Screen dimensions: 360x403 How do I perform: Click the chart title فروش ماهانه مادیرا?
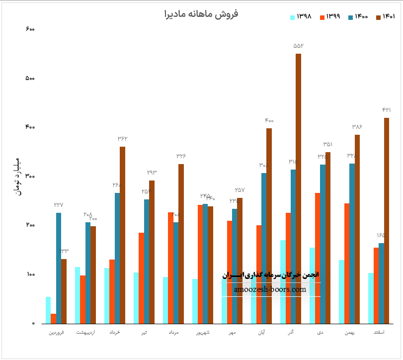201,14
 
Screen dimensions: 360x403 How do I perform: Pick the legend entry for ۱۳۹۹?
329,17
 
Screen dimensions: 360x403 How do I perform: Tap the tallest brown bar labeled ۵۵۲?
298,189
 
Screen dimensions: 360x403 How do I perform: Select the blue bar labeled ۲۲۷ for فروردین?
59,268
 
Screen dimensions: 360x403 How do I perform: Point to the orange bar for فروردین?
53,318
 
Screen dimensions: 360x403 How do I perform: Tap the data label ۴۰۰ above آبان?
269,121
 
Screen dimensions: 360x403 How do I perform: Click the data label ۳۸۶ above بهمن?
357,127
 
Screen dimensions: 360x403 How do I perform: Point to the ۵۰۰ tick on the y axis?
30,79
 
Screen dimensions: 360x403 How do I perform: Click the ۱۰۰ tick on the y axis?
30,274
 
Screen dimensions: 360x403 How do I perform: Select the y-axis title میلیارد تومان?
19,176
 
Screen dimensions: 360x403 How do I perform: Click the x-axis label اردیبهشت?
85,332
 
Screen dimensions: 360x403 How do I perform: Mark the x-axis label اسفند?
379,332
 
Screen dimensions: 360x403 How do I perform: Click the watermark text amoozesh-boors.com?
271,289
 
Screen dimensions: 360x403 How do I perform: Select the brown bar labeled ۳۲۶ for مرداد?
181,244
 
